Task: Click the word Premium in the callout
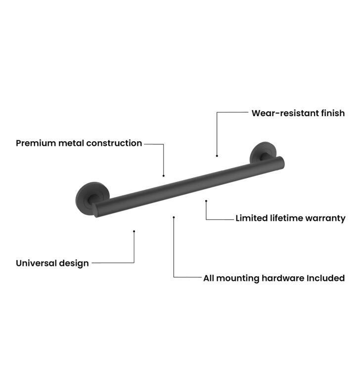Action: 36,143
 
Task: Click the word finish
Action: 333,113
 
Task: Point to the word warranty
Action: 325,218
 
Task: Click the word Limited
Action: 252,218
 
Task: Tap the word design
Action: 74,263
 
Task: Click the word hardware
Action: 283,278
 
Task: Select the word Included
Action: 325,278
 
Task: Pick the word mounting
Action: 238,279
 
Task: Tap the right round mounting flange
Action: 263,152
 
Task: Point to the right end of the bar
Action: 281,163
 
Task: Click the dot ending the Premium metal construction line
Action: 164,176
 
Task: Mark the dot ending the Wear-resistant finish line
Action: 217,156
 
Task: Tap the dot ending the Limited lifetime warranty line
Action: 206,201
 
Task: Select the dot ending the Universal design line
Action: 134,231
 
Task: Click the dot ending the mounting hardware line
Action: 174,217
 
